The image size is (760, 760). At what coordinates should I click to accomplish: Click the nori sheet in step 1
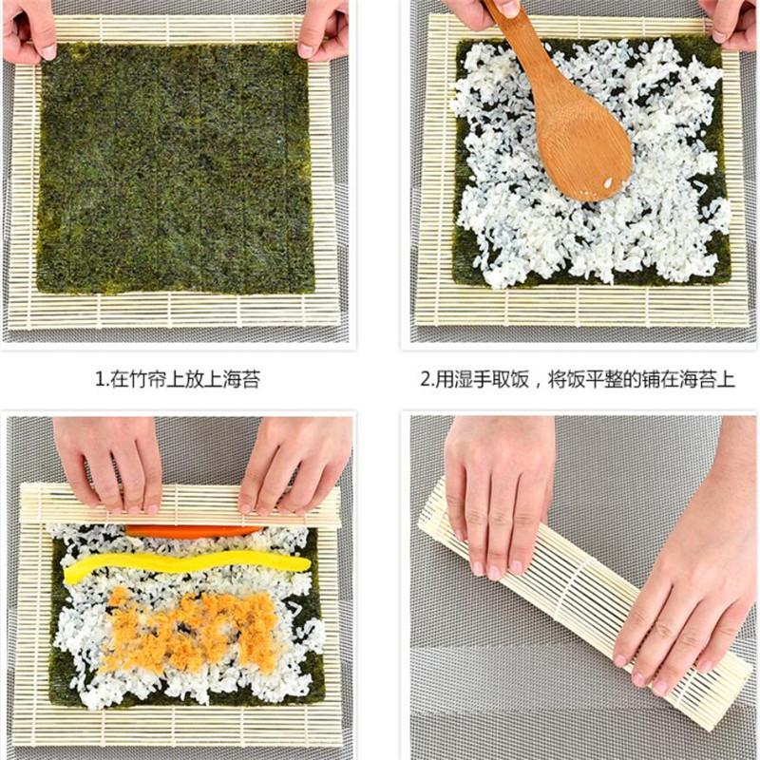tap(176, 166)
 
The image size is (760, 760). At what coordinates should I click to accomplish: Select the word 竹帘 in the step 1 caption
tap(136, 380)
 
